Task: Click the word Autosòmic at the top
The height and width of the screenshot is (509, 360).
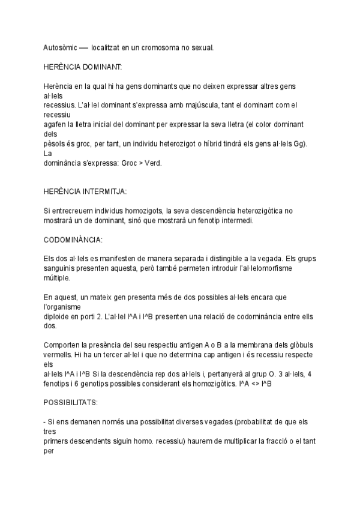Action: pyautogui.click(x=60, y=46)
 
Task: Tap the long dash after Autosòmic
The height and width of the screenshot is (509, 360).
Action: pyautogui.click(x=86, y=46)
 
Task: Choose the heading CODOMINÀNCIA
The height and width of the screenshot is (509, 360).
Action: pyautogui.click(x=73, y=239)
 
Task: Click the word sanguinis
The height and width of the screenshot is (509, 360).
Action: pyautogui.click(x=61, y=268)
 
